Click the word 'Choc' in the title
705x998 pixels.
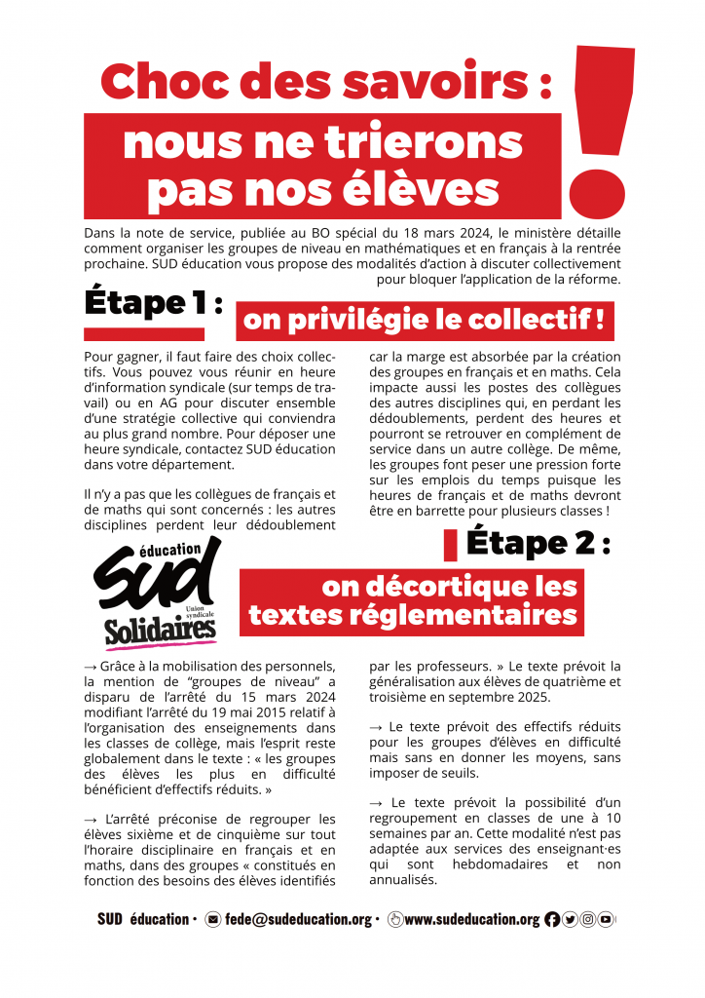click(156, 81)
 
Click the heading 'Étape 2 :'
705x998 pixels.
click(538, 542)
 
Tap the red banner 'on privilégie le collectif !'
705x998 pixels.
click(425, 319)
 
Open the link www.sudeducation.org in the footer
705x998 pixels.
click(471, 919)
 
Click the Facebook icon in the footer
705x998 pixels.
click(553, 919)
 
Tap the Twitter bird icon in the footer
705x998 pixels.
click(571, 919)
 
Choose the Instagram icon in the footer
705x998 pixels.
click(588, 919)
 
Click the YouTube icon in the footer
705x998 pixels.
click(606, 919)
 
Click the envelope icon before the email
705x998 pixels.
click(213, 919)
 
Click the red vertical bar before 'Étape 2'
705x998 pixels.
click(450, 545)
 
